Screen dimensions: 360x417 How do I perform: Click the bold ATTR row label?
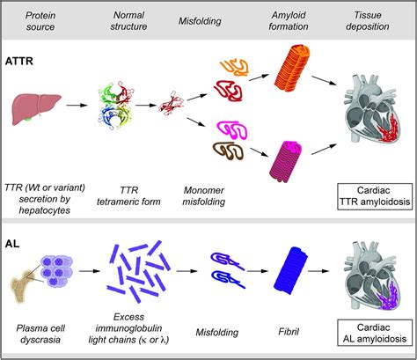22,65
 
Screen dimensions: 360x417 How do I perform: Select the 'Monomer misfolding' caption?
205,195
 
